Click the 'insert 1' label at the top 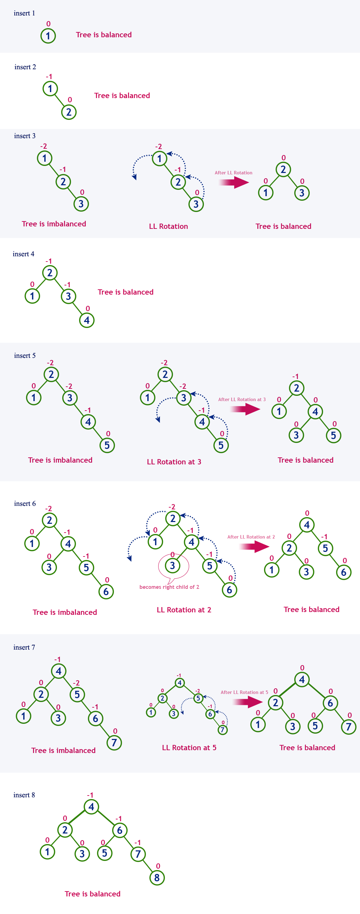[24, 13]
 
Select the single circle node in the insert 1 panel [48, 36]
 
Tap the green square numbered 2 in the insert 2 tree [69, 112]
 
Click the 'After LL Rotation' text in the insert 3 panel [233, 173]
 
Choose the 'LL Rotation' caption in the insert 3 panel [168, 226]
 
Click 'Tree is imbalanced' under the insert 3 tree [54, 224]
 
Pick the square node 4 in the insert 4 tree [87, 320]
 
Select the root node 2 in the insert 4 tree [50, 272]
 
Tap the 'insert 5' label [25, 355]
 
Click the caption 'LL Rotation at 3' [174, 462]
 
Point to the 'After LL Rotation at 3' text [242, 399]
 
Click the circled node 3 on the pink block [172, 566]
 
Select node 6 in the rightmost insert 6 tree [343, 572]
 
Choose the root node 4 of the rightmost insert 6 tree [307, 525]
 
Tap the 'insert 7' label [24, 648]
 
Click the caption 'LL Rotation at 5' [189, 748]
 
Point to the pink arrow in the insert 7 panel [247, 702]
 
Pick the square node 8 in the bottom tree [157, 878]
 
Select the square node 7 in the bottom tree [138, 854]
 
